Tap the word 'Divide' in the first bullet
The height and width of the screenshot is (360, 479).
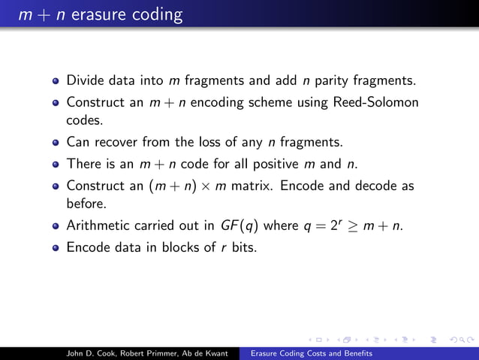point(85,80)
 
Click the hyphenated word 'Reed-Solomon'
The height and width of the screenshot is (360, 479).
point(378,101)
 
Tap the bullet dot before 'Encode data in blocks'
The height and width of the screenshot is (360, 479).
point(56,247)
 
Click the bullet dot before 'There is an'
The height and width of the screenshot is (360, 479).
point(56,164)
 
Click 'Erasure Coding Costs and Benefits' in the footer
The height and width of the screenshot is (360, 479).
point(311,352)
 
